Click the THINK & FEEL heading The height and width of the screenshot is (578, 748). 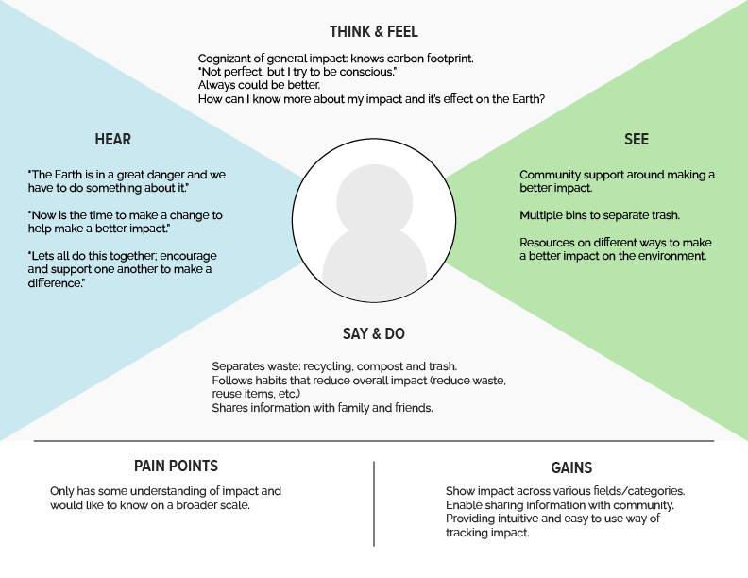pyautogui.click(x=373, y=31)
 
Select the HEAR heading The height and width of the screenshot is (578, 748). pyautogui.click(x=112, y=140)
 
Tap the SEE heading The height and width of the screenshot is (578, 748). pyautogui.click(x=636, y=140)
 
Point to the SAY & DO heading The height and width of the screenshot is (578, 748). pyautogui.click(x=373, y=333)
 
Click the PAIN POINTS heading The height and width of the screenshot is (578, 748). pyautogui.click(x=176, y=466)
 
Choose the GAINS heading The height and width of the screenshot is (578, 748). pyautogui.click(x=571, y=467)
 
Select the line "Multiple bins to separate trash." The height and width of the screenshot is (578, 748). pyautogui.click(x=600, y=215)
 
